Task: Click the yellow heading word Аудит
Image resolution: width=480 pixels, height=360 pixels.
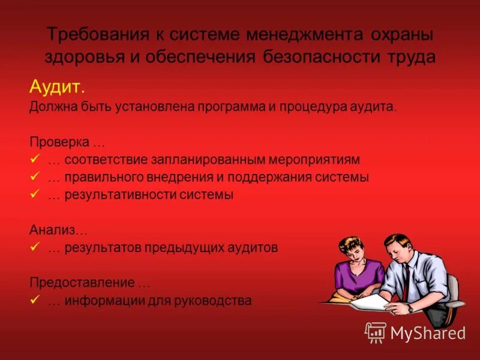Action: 58,88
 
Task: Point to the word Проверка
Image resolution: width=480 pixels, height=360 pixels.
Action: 59,143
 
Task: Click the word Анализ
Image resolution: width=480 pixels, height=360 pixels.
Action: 55,230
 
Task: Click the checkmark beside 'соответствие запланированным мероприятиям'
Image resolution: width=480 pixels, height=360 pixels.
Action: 34,160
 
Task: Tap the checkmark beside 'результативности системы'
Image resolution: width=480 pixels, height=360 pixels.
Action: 34,194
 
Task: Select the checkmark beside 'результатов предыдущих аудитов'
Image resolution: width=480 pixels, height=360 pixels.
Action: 34,247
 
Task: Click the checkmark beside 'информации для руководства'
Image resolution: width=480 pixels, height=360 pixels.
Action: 34,300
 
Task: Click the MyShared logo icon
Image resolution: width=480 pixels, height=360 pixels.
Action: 376,332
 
